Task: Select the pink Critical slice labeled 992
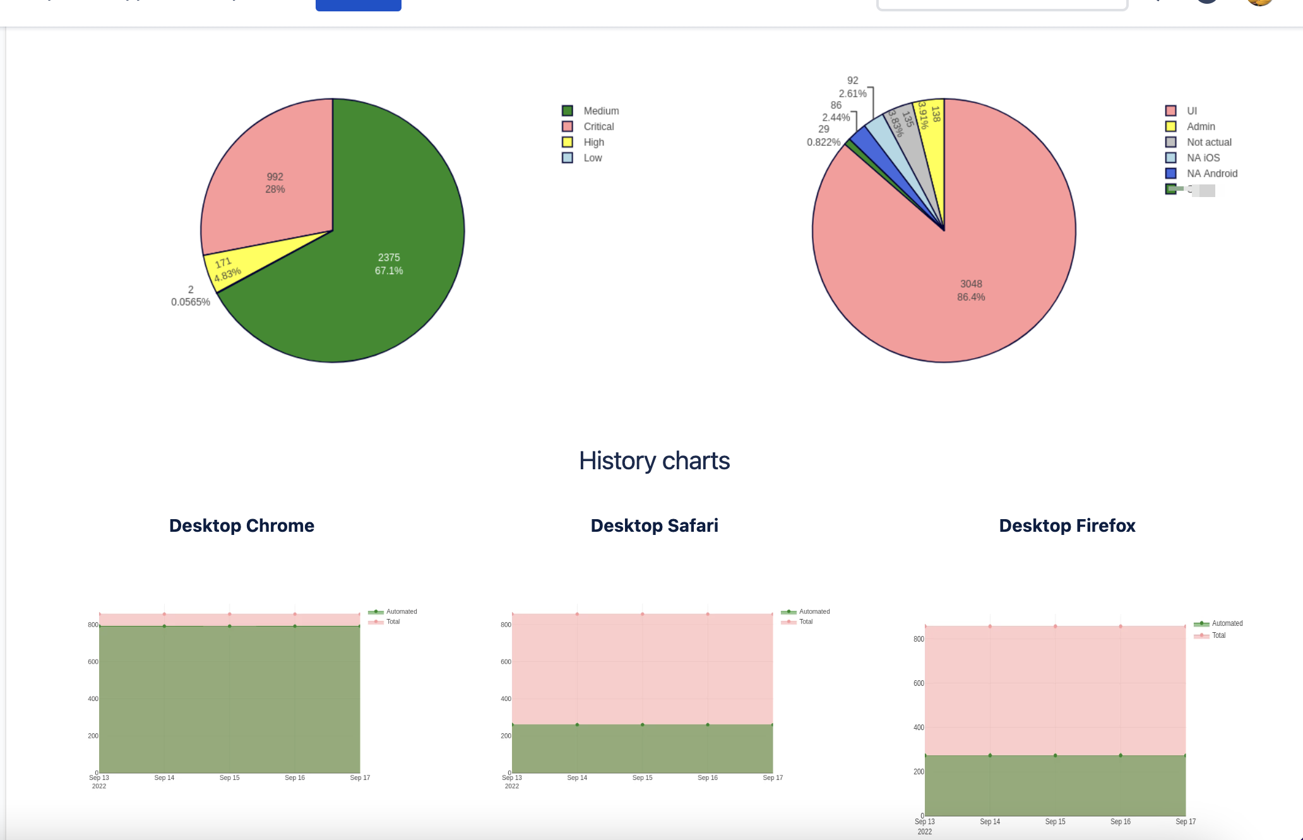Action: coord(275,183)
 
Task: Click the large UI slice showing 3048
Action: coord(971,291)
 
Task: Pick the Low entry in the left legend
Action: coord(592,158)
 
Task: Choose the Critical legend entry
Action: coord(598,126)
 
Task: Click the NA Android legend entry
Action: coord(1211,174)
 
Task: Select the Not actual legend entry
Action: coord(1208,142)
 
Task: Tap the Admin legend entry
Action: coord(1200,126)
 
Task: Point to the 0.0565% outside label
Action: coord(190,302)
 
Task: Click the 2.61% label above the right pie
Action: coord(852,93)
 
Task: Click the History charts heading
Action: coord(654,461)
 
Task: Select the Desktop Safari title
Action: coord(654,525)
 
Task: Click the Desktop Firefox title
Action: coord(1067,525)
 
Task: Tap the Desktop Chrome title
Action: coord(241,525)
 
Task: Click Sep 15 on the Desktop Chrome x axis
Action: coord(229,777)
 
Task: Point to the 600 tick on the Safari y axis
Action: coord(506,662)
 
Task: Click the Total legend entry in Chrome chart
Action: coord(393,622)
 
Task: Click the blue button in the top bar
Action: coord(358,5)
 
